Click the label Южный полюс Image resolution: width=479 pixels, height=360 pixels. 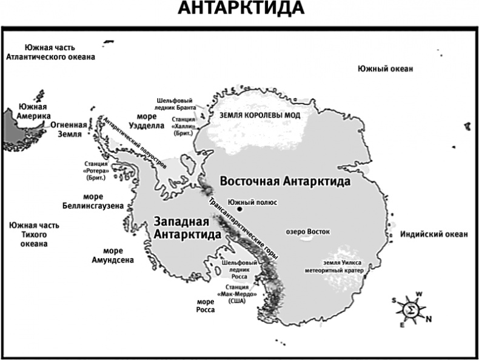[252, 201]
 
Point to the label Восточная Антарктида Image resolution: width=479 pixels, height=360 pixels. [286, 181]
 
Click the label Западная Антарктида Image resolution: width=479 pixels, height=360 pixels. [186, 228]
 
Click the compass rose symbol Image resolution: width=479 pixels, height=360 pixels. [411, 310]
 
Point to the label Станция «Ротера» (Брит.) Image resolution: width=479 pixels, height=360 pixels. [96, 172]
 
